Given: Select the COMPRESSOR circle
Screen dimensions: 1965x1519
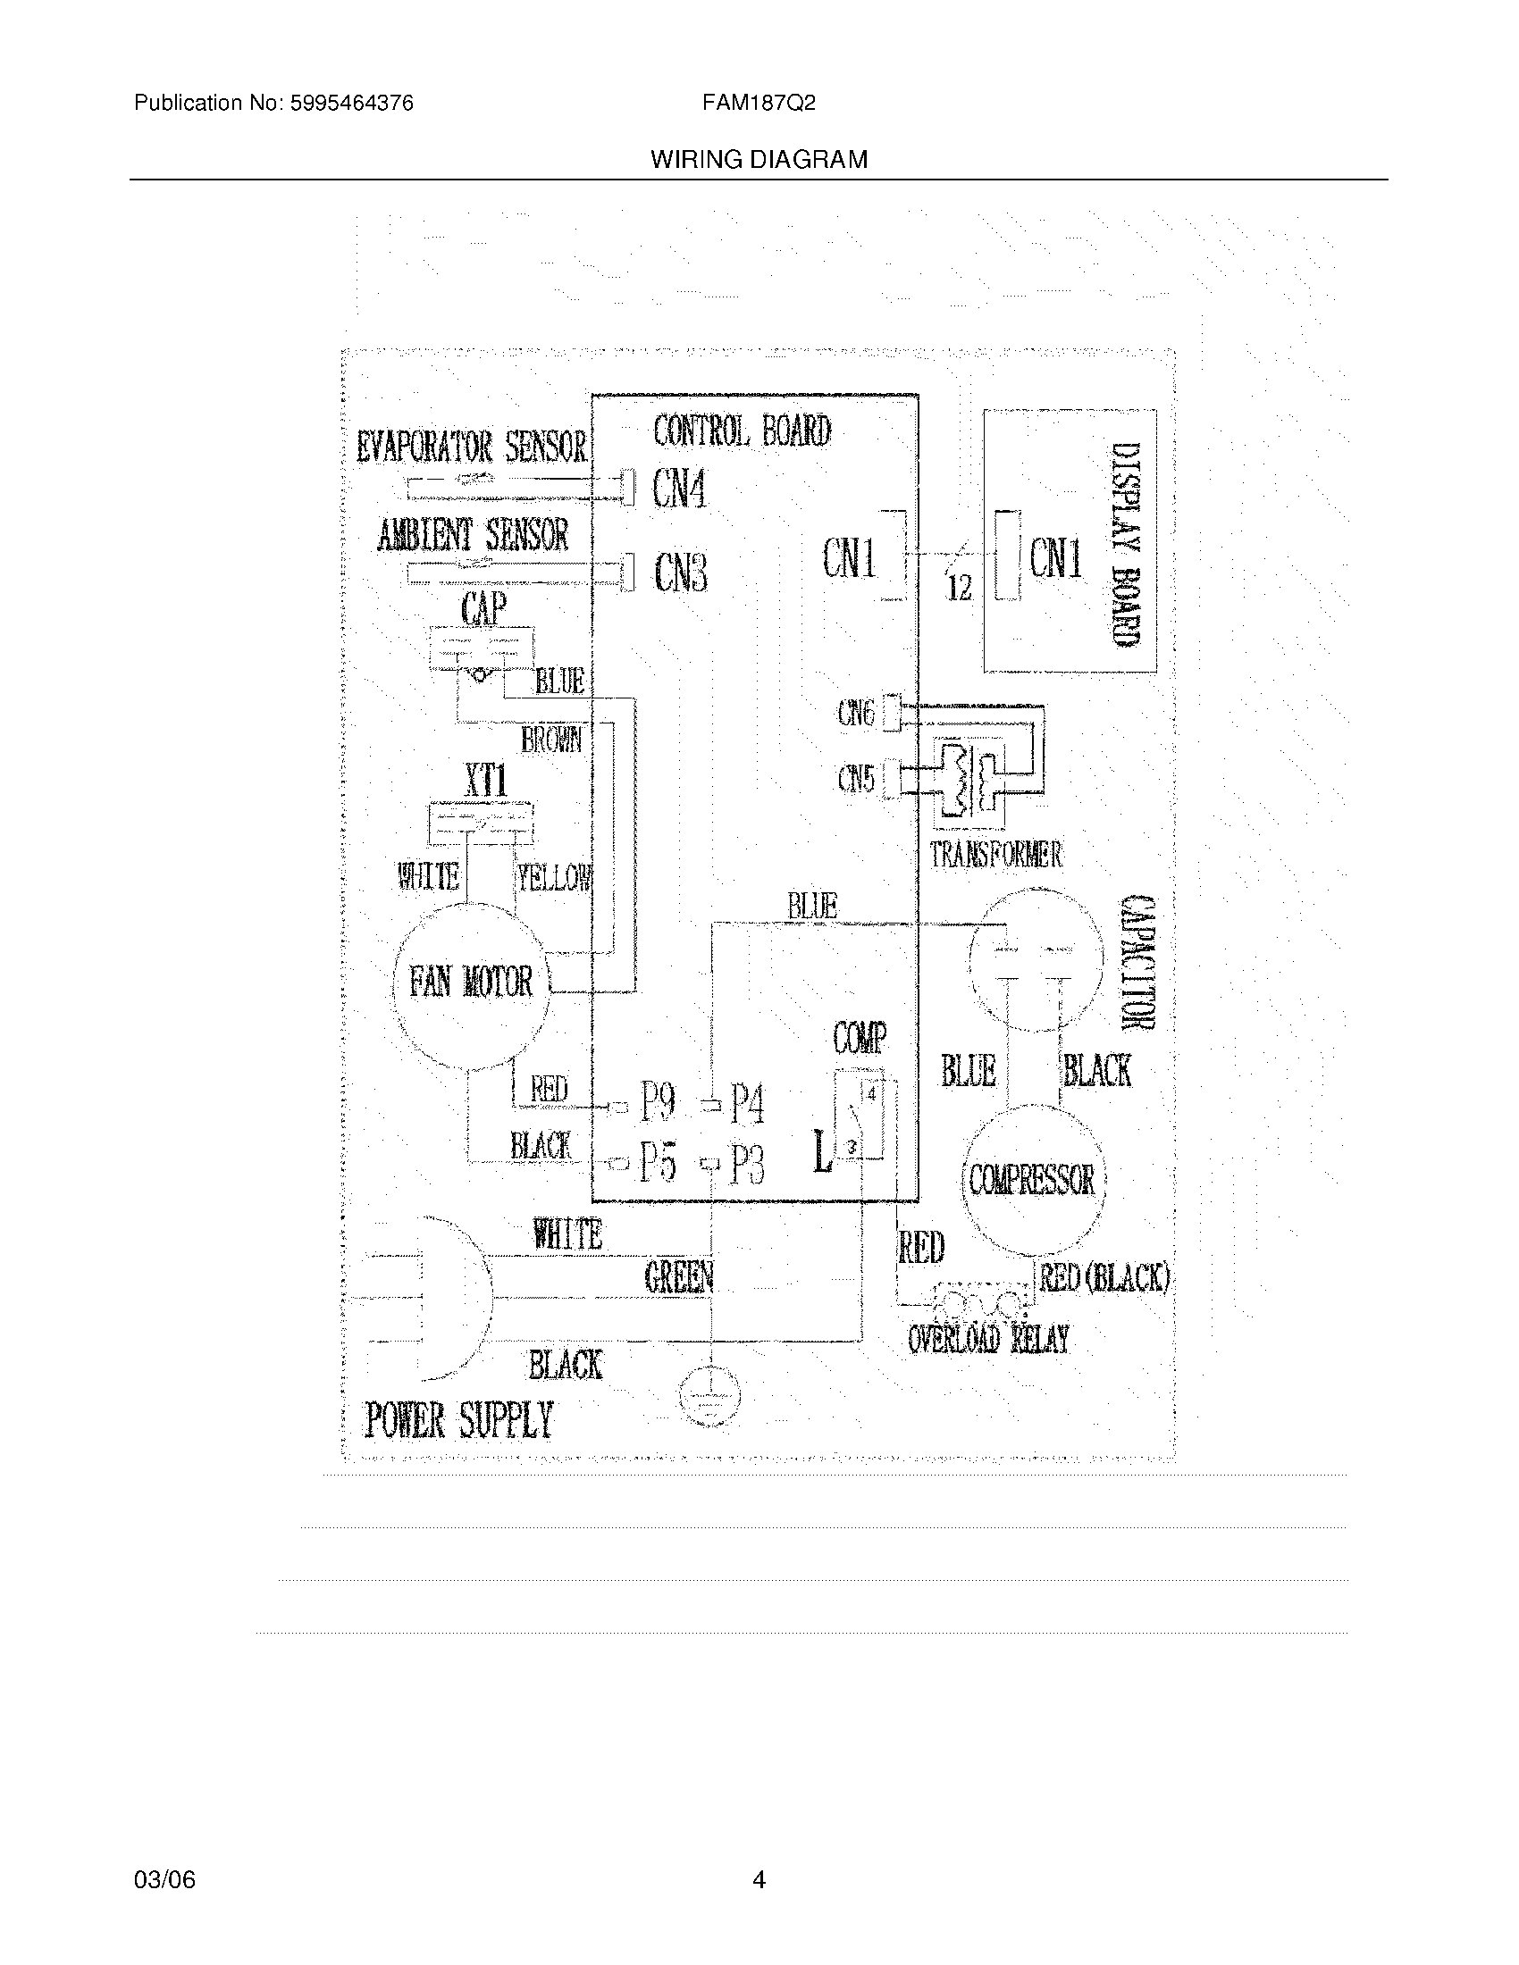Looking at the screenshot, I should point(1032,1180).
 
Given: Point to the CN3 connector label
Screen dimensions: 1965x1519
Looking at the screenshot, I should point(680,573).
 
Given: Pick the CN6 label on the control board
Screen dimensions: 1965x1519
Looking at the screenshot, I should point(856,714).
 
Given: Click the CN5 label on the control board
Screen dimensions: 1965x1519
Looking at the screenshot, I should point(856,778).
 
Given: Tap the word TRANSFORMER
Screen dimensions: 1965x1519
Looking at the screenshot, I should point(995,854).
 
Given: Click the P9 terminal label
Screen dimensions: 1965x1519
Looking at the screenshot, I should point(658,1102).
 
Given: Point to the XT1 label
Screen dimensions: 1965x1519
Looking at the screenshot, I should point(486,779).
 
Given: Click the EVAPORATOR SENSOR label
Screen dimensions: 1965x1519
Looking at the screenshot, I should point(472,447).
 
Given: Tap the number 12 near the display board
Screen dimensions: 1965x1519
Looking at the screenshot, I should point(960,589).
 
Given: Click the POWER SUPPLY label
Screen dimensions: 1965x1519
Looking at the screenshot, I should point(458,1421).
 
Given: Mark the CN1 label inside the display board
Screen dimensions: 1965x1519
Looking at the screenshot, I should point(1055,558).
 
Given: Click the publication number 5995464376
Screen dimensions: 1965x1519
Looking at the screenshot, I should point(352,104).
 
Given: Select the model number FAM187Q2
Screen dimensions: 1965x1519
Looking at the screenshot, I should point(759,104).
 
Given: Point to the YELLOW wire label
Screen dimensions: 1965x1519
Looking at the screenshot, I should point(554,877).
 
